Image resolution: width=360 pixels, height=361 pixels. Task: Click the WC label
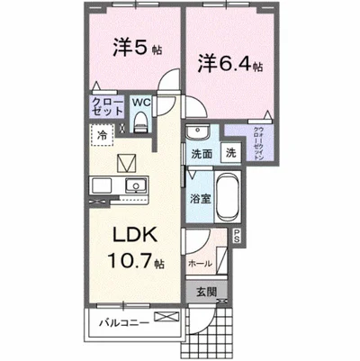pos(142,103)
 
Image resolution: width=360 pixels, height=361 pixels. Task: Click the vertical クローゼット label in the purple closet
pos(258,141)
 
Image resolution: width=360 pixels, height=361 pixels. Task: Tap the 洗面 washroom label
pos(202,154)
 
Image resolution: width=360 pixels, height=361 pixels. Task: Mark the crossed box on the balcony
pos(167,316)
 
